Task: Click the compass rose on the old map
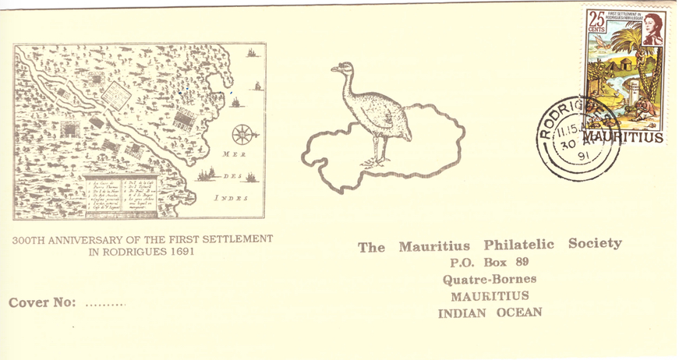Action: click(x=243, y=134)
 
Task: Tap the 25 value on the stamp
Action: click(x=597, y=19)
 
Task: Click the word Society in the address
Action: click(x=595, y=243)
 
